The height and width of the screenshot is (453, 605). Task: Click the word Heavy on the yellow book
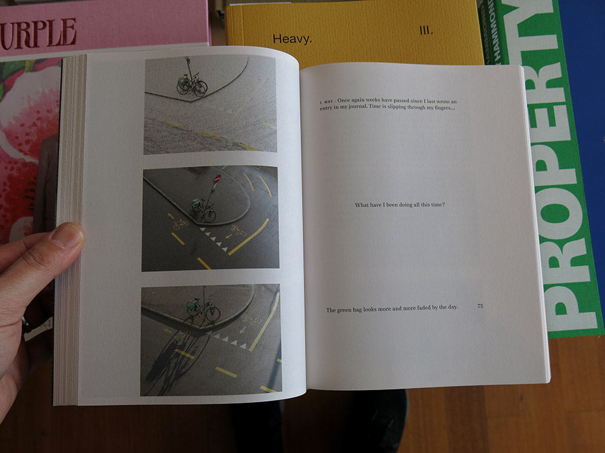point(292,39)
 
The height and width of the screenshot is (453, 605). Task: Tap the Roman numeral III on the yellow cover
point(426,30)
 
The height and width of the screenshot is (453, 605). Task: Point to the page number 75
point(480,306)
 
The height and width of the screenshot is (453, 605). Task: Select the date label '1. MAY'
point(327,101)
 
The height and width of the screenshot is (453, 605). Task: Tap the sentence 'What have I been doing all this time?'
point(400,205)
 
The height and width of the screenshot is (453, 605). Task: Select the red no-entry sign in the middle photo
point(217,179)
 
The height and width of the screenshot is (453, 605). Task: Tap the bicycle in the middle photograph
point(204,210)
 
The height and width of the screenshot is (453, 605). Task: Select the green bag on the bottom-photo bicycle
point(191,306)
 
